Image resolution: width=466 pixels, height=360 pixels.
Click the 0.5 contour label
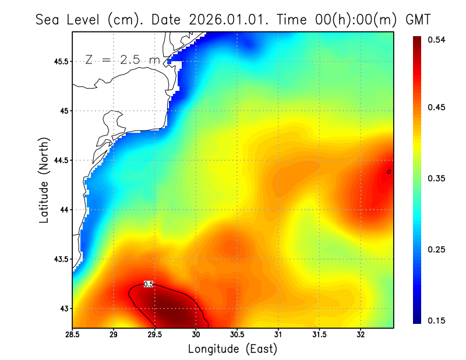click(149, 284)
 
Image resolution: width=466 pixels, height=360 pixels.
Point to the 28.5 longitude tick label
click(73, 334)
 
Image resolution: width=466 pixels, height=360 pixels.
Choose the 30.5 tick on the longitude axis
click(237, 334)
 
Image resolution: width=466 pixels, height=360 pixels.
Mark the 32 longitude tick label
click(361, 334)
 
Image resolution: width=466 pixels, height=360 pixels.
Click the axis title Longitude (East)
click(232, 349)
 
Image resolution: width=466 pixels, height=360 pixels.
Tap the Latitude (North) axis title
click(44, 180)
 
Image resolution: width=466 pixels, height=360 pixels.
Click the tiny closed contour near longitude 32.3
click(389, 171)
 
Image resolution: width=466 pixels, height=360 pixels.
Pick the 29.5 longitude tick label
click(155, 334)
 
